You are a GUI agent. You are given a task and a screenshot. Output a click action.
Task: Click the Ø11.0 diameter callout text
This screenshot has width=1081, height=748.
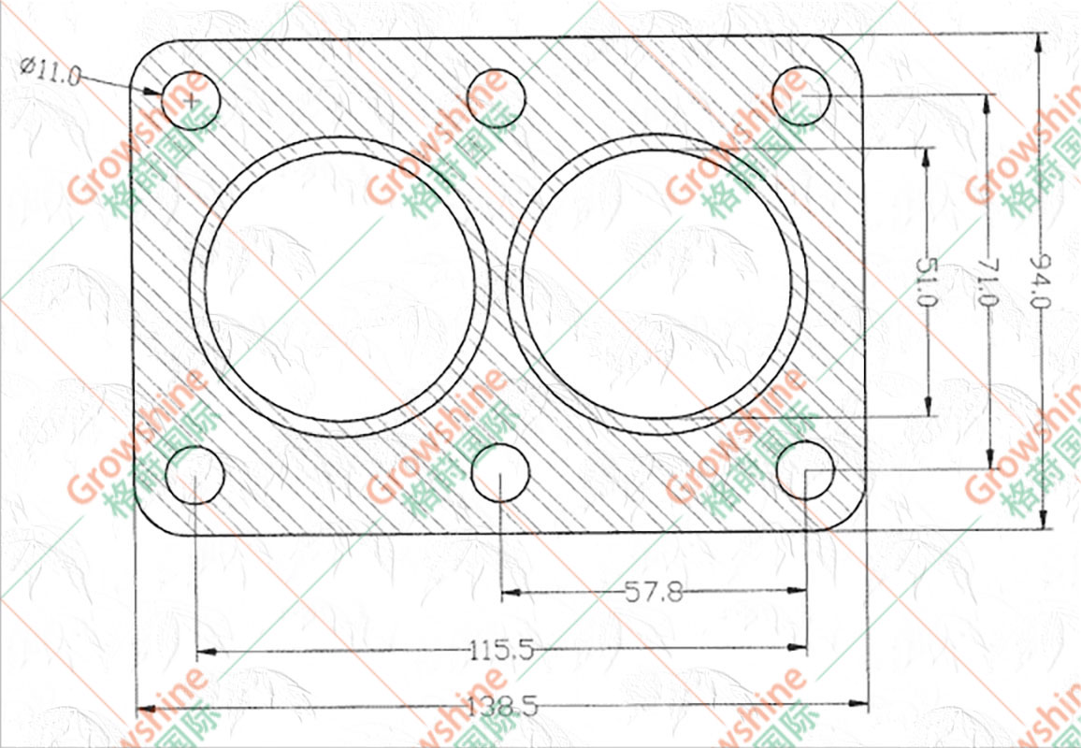point(50,71)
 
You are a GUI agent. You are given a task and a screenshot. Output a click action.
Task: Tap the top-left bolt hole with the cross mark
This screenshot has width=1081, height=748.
point(191,101)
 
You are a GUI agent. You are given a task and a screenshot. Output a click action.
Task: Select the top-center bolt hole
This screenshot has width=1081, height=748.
point(496,98)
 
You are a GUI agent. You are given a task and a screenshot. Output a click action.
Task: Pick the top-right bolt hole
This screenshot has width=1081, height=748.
point(801,95)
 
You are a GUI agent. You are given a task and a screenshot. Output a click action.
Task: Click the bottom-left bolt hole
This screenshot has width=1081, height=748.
point(195,475)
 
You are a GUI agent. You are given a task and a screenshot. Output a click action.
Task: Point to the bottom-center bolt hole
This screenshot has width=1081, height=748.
point(500,472)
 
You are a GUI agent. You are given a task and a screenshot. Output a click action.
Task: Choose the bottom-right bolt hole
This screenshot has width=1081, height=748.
point(805,470)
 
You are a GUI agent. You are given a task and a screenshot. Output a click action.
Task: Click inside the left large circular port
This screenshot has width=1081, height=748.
point(339,287)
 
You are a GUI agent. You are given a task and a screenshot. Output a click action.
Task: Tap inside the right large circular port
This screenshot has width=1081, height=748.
point(656,284)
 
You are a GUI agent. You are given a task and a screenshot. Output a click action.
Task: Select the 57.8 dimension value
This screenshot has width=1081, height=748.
point(654,593)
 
